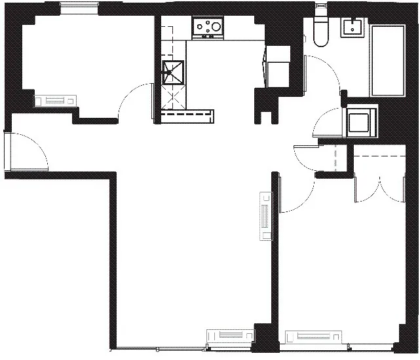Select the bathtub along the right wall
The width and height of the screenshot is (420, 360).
[388, 60]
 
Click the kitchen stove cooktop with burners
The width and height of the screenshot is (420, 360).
[208, 27]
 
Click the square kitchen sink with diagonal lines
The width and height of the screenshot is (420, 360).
[174, 73]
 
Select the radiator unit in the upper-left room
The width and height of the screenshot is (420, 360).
[56, 100]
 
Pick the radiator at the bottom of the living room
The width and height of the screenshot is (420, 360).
[230, 335]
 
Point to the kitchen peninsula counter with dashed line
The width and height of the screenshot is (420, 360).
[187, 116]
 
